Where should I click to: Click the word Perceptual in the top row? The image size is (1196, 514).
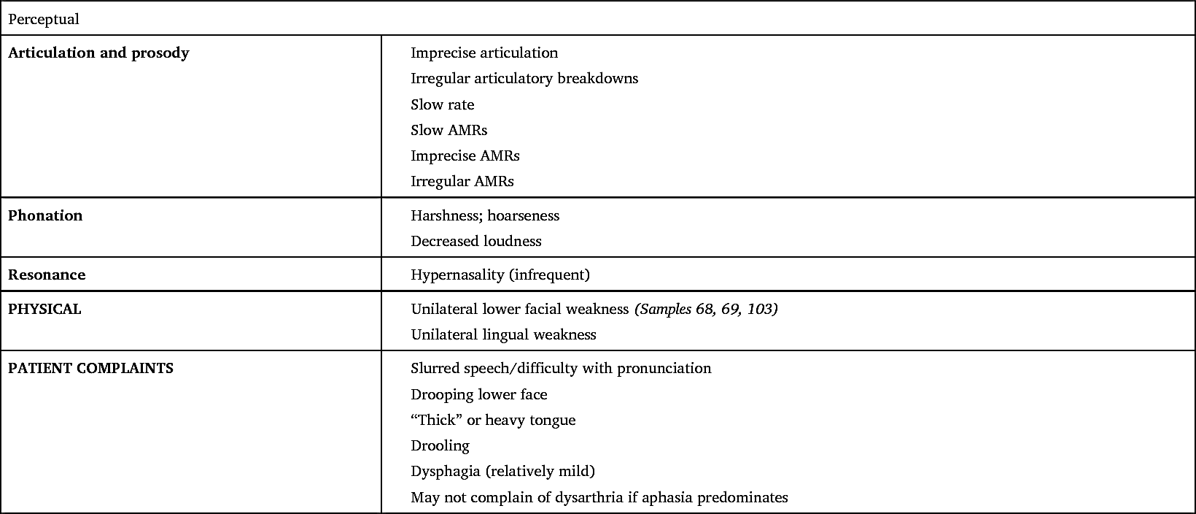coord(43,20)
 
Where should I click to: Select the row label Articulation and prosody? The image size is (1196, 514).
coord(98,53)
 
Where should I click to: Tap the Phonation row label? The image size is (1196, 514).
coord(45,216)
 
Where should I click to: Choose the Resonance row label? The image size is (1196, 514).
coord(47,275)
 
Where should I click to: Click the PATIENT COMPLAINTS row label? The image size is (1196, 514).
coord(90,369)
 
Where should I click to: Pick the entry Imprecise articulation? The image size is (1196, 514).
coord(484,53)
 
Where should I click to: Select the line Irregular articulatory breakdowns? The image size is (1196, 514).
coord(524,79)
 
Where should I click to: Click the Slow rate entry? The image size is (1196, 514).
coord(443,105)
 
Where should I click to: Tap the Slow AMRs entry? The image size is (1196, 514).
coord(449,131)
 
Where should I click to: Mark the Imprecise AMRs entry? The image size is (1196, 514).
coord(465,156)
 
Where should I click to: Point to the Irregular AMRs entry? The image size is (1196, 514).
coord(462,182)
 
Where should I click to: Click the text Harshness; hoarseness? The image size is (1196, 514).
coord(485,216)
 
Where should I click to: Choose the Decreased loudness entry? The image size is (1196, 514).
coord(476,242)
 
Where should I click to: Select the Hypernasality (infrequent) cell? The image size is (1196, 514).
coord(500,275)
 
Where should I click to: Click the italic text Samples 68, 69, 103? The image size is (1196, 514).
coord(706,310)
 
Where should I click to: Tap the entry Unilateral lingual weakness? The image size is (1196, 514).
coord(503,335)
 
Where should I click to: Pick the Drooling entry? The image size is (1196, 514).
coord(440,446)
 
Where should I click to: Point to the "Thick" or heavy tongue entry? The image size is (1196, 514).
coord(493,421)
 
